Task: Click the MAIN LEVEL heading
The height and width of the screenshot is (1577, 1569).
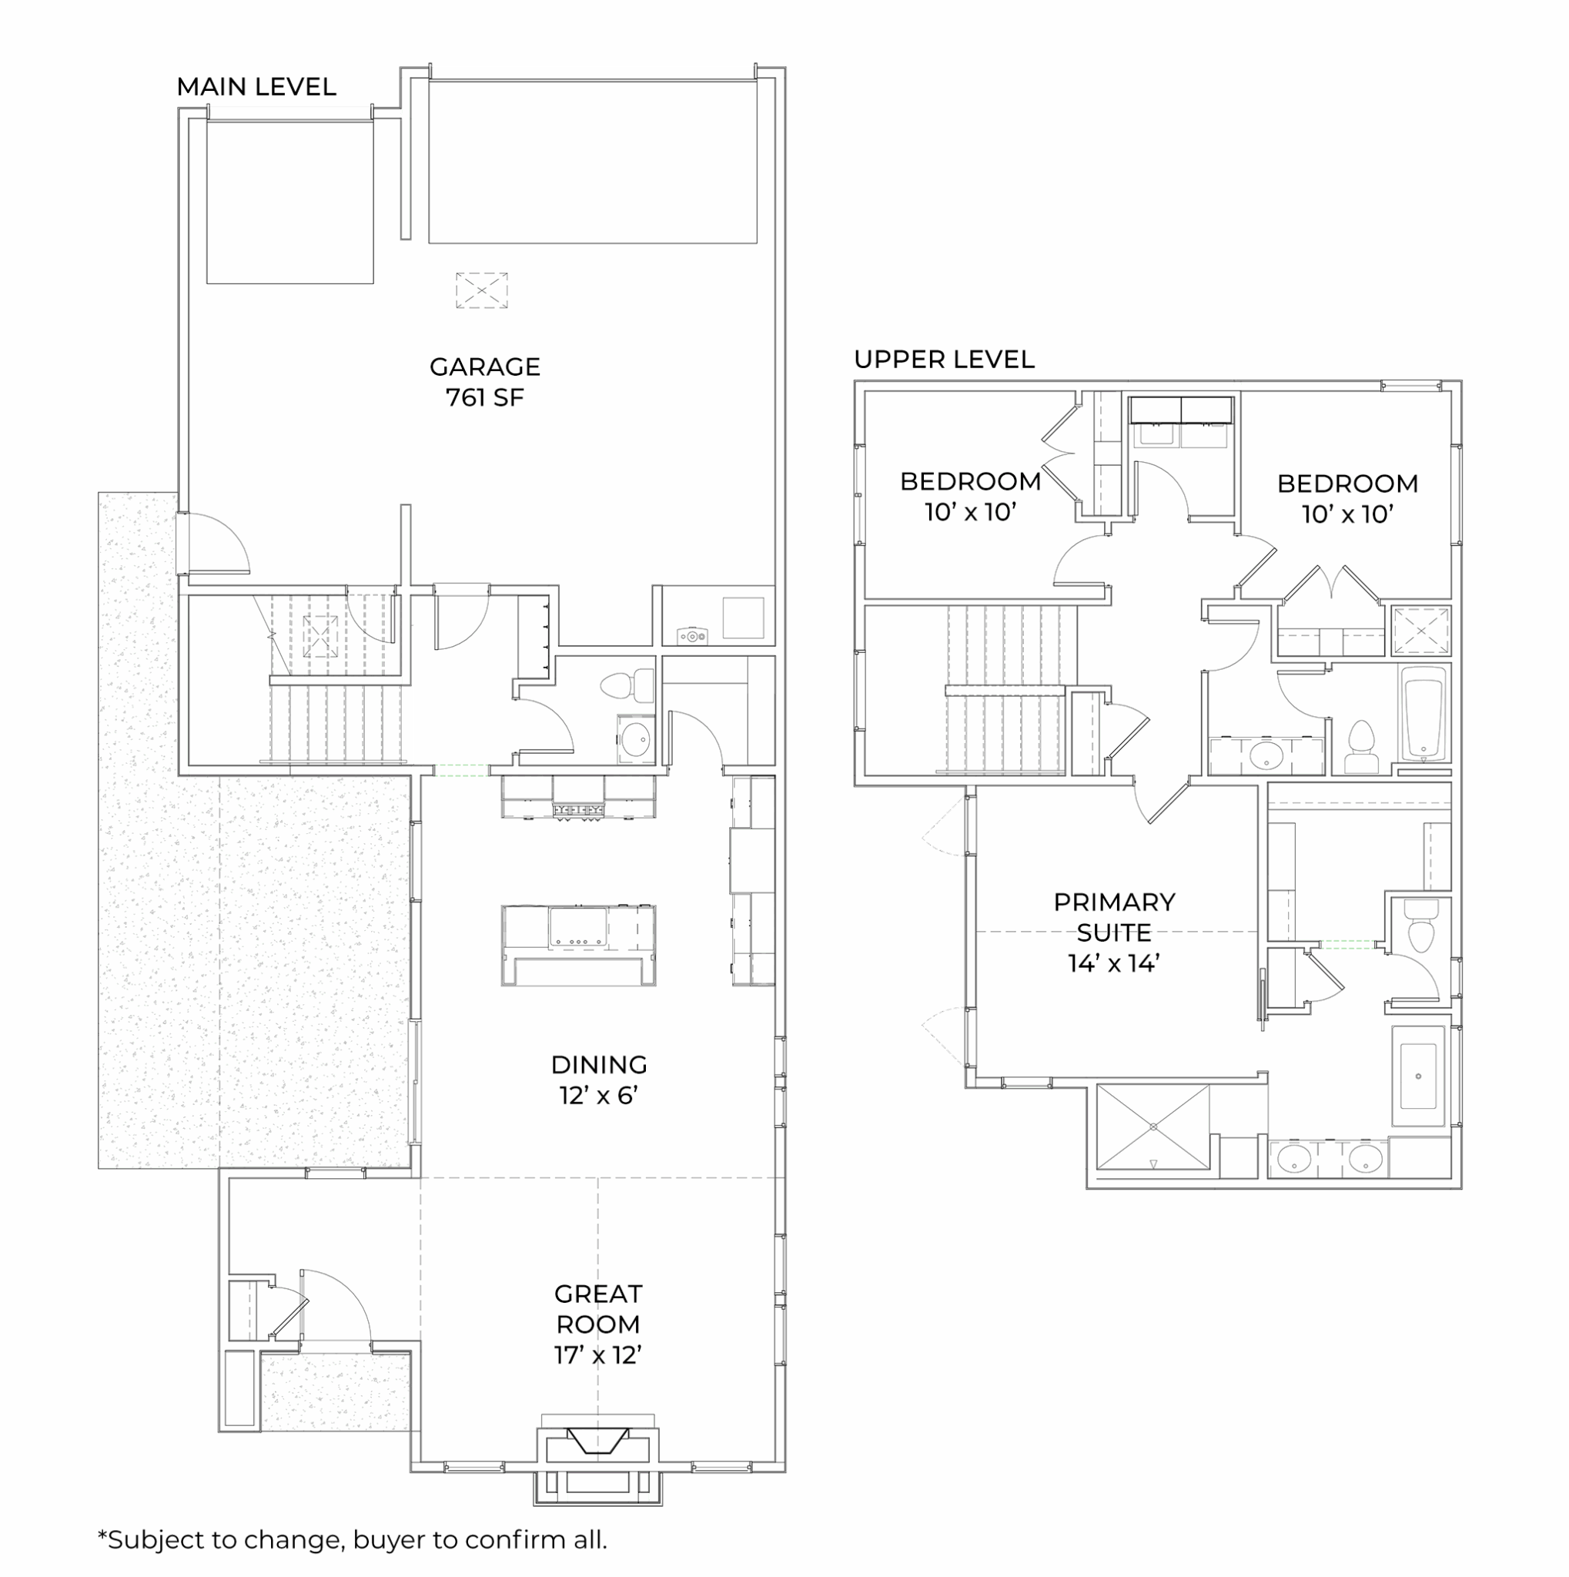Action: [x=256, y=86]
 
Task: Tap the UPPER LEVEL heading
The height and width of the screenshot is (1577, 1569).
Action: [x=944, y=359]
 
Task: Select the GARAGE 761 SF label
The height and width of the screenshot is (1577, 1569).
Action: [x=485, y=382]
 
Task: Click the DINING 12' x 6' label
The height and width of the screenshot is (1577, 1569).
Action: [x=599, y=1079]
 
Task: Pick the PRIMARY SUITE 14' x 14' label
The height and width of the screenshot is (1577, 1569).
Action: [x=1114, y=932]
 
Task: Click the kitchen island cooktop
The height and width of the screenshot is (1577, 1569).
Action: [x=577, y=927]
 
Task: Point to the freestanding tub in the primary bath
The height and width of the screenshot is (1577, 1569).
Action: [x=1418, y=1076]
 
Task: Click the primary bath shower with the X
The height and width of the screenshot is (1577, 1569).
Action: [x=1153, y=1127]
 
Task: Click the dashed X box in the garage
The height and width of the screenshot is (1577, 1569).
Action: [x=481, y=290]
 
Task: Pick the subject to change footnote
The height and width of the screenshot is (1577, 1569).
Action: [x=353, y=1539]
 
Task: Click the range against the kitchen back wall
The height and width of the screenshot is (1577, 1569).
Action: [x=578, y=798]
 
